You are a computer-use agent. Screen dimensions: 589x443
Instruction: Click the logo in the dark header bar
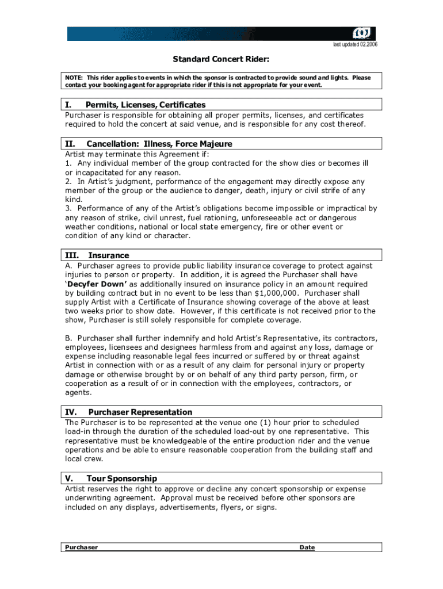click(364, 33)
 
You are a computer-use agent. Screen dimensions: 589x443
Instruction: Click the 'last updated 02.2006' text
click(355, 45)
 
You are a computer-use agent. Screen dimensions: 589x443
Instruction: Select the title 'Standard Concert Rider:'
click(221, 59)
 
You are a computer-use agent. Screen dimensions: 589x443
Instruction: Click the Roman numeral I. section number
click(68, 105)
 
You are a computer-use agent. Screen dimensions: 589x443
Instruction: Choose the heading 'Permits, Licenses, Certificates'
click(146, 105)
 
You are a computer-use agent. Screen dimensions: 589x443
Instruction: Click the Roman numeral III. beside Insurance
click(71, 255)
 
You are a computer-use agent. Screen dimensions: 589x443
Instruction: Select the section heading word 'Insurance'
click(109, 255)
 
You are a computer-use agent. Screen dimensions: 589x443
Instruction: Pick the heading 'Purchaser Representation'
click(140, 412)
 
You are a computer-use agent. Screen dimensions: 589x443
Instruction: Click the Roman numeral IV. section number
click(71, 412)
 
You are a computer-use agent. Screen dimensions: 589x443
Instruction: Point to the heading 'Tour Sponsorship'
click(121, 479)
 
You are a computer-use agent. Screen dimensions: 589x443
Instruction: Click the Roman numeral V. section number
click(68, 479)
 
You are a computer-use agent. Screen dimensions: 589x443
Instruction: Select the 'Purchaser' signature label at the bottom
click(81, 548)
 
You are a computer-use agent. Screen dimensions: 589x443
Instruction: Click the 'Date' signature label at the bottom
click(307, 548)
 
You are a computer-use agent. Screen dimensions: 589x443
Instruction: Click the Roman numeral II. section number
click(70, 144)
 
